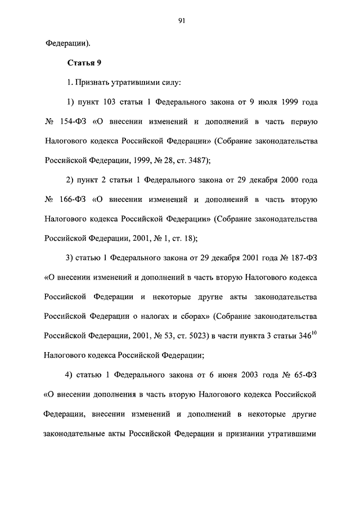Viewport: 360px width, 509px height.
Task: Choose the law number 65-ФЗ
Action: [x=305, y=375]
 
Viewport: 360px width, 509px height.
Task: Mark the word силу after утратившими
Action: [x=170, y=83]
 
